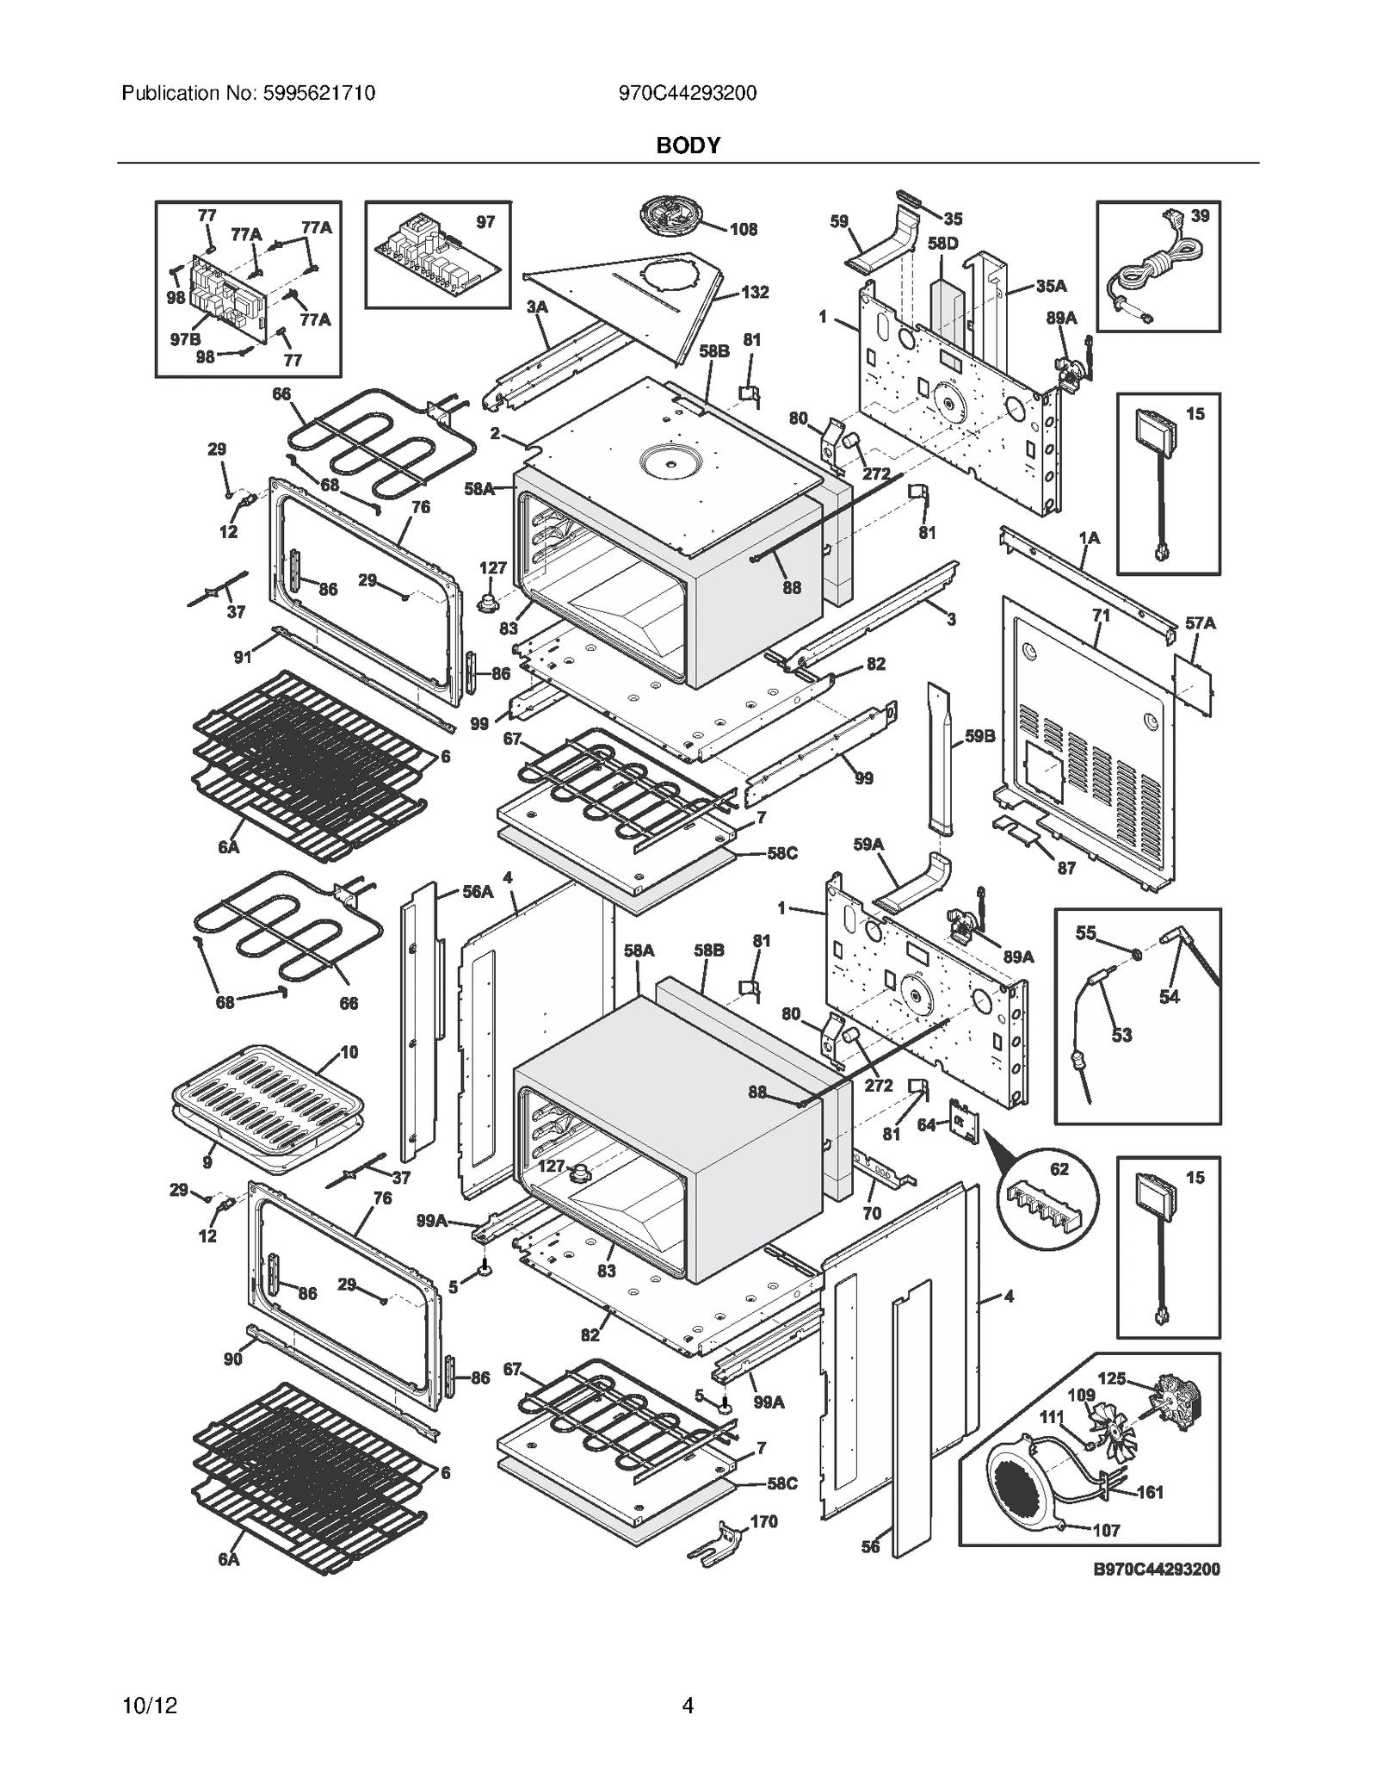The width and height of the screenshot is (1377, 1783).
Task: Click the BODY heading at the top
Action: point(688,145)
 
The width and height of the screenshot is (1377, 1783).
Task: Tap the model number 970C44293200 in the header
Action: point(688,93)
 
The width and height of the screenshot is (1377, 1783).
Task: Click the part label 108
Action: point(744,229)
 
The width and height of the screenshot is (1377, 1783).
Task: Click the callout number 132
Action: point(754,292)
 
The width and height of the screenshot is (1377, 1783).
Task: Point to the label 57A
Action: point(1200,622)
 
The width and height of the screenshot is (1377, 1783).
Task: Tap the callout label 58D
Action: point(942,244)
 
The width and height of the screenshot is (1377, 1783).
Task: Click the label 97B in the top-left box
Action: point(185,339)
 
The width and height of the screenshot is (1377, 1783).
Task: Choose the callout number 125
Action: point(1111,1378)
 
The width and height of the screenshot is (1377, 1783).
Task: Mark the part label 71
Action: point(1101,616)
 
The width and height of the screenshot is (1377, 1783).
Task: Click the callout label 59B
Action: point(979,736)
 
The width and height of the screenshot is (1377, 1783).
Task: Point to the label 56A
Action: point(478,892)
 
